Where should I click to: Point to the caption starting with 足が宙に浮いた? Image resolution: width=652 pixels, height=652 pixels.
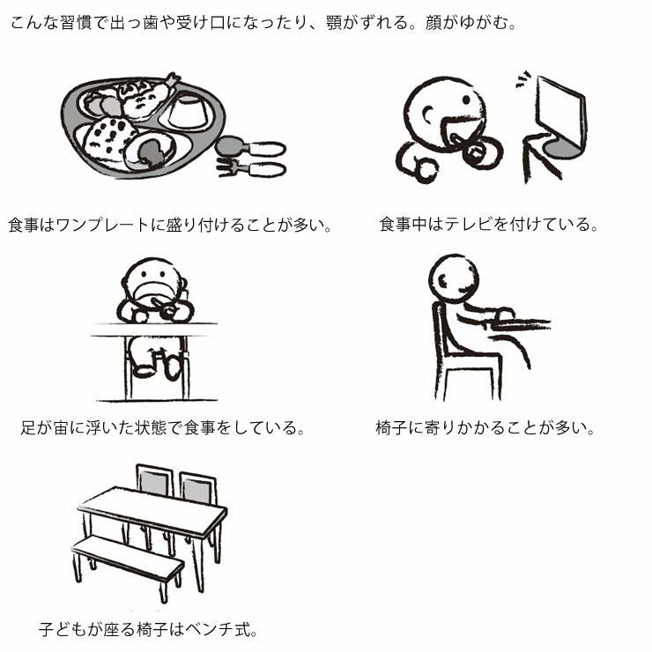pos(163,428)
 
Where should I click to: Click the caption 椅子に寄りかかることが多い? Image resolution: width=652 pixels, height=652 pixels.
pos(485,428)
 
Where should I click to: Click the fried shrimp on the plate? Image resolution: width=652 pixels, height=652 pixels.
pos(145,99)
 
